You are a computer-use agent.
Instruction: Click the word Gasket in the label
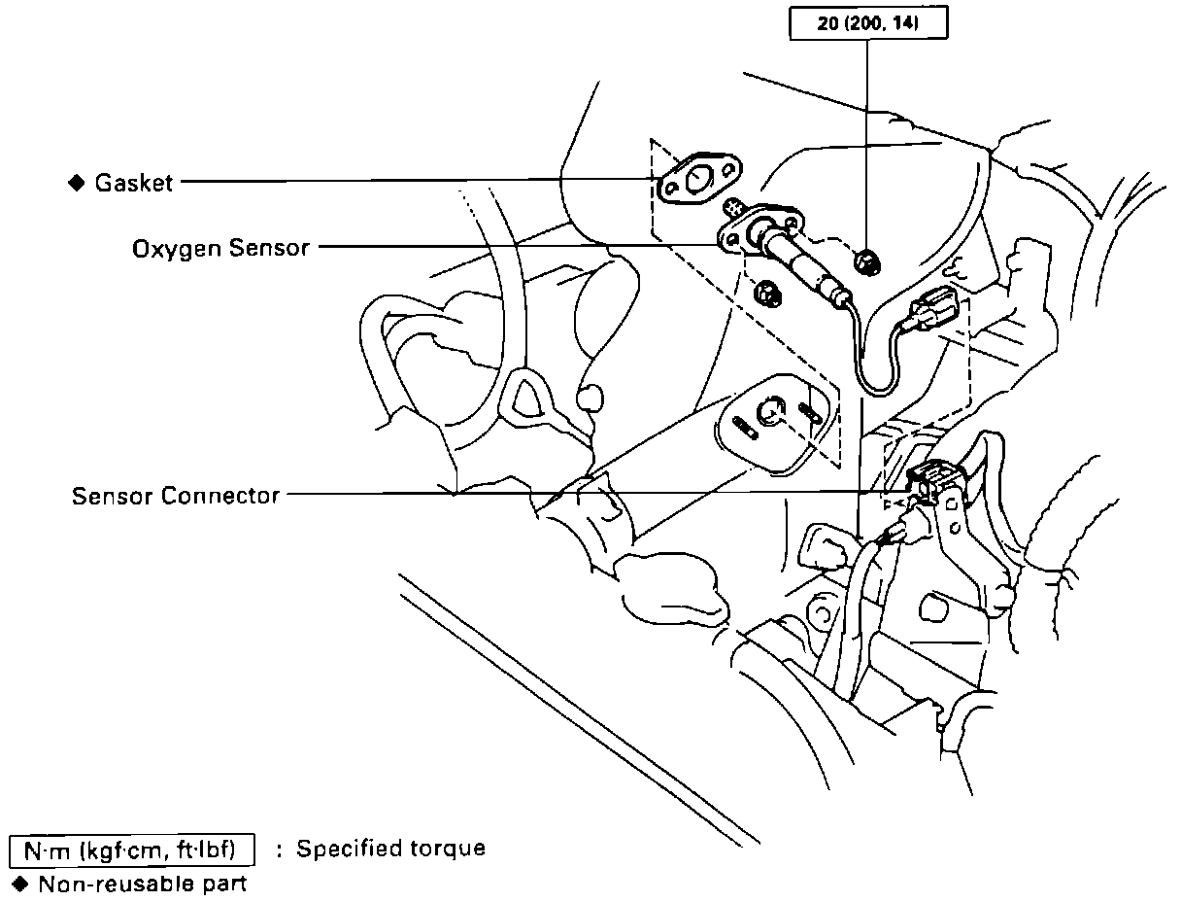(x=134, y=183)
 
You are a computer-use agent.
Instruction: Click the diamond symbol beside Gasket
(x=77, y=182)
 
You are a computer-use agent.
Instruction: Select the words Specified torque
(x=390, y=849)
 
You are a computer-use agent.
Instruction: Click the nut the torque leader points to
(x=863, y=260)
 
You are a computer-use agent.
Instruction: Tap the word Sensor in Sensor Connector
(x=113, y=497)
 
